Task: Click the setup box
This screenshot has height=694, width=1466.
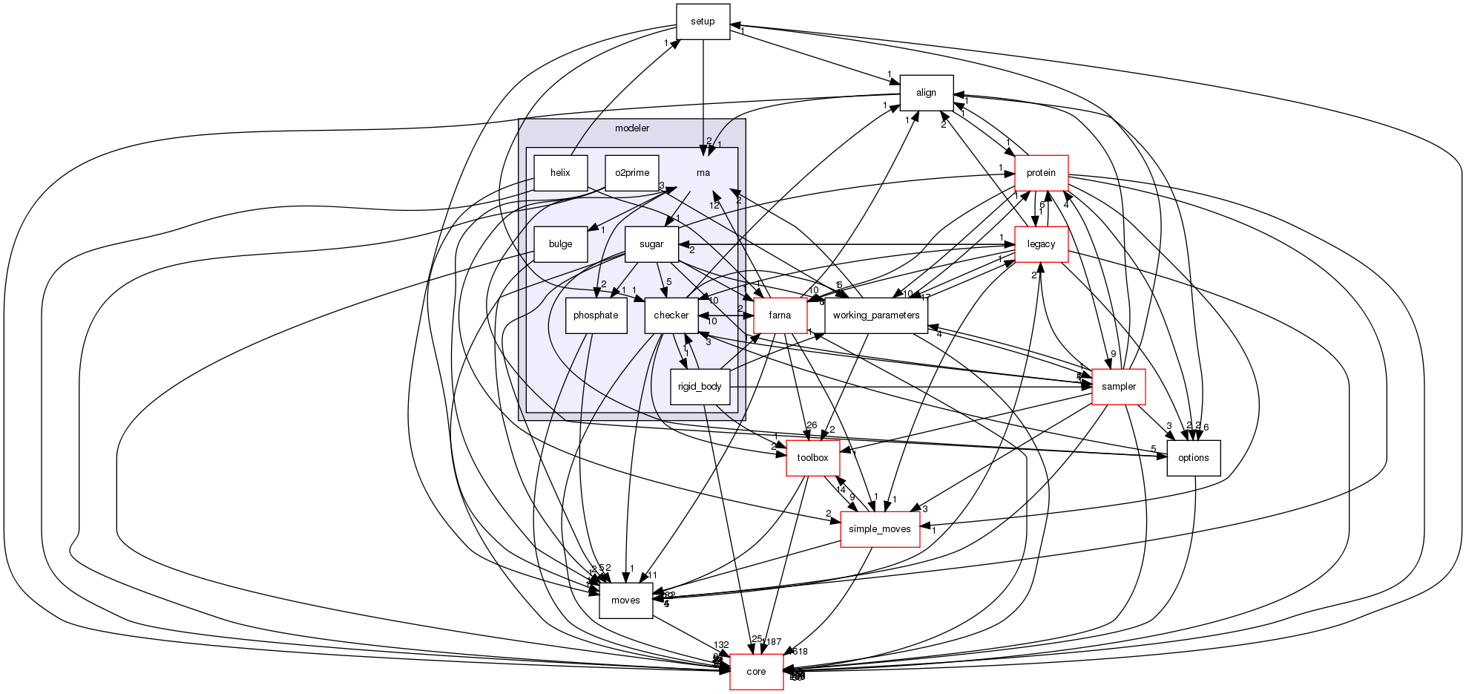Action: point(703,22)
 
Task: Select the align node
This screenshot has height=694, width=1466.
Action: point(926,93)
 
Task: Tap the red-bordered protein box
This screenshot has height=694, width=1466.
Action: point(1041,173)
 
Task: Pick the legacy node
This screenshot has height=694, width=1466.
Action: point(1041,244)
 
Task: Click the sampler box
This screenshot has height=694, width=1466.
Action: point(1118,387)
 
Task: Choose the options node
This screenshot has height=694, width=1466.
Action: point(1193,458)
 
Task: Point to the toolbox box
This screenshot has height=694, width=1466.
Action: point(812,458)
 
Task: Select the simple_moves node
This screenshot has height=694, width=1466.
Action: point(879,529)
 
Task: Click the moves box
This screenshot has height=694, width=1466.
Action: point(625,600)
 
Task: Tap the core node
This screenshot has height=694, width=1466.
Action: point(756,672)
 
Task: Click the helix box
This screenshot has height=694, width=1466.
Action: point(560,173)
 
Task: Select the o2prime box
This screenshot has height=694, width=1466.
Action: point(632,173)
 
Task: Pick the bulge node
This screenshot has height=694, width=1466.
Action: point(560,244)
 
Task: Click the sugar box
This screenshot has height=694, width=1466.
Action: point(651,244)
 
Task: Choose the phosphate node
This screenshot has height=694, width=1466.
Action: point(596,315)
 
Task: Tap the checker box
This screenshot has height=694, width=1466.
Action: point(671,315)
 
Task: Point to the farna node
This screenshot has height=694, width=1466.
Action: point(780,315)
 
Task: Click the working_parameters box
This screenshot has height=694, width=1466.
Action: point(875,315)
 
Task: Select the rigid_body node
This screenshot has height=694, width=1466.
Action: point(700,387)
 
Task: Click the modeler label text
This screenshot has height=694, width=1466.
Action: point(632,128)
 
